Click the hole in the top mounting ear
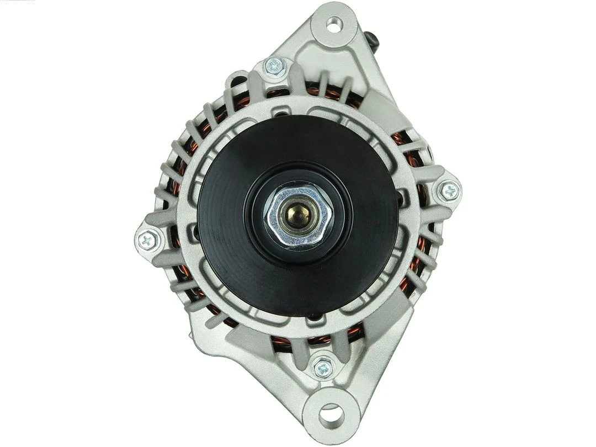pos(334,24)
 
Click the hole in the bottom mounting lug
pos(331,413)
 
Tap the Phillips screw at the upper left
pos(275,67)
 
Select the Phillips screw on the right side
pos(450,191)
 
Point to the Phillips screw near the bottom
pos(323,368)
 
